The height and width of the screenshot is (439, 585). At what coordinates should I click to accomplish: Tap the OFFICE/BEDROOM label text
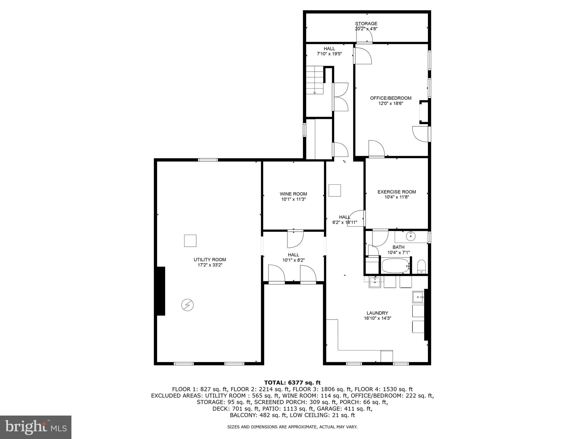tap(390, 98)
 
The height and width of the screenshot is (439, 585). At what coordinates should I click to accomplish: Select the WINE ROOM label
tap(293, 194)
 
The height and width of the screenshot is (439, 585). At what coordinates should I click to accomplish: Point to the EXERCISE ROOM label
tap(396, 192)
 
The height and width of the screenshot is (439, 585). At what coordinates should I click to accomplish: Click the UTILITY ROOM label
tap(210, 260)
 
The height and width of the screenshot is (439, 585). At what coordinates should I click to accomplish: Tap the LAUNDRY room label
tap(377, 313)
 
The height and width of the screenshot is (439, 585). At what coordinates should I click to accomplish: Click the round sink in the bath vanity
tap(411, 236)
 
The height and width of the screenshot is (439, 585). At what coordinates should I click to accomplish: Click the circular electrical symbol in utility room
tap(187, 305)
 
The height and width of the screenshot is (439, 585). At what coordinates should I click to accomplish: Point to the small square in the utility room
tap(190, 241)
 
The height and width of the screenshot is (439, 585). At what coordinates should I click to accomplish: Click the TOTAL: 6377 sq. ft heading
tap(292, 383)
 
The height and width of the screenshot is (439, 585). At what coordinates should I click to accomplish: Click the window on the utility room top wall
tap(208, 160)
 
